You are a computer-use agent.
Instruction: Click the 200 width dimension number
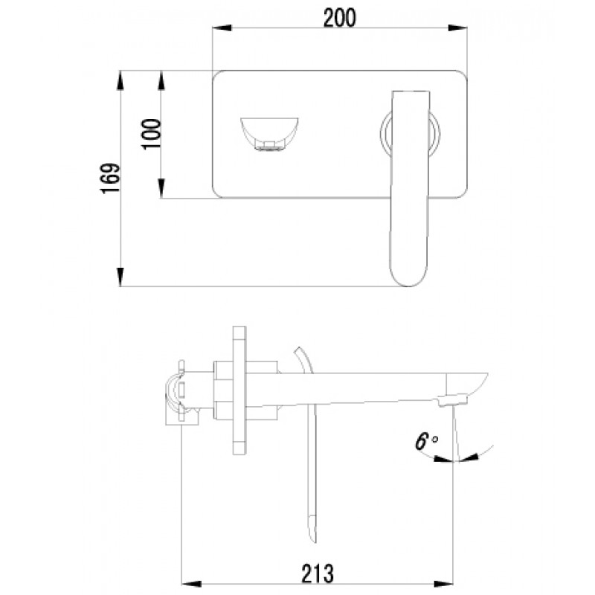click(x=340, y=18)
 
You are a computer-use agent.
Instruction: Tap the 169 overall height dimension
click(x=111, y=178)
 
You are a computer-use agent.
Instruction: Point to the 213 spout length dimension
click(x=318, y=573)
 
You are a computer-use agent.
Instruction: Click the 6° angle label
click(x=426, y=441)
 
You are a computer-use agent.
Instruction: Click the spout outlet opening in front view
click(x=269, y=135)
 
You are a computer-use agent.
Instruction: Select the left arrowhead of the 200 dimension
click(x=222, y=28)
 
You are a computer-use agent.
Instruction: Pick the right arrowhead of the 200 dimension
click(x=457, y=28)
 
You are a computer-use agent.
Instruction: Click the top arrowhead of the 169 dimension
click(x=120, y=80)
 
